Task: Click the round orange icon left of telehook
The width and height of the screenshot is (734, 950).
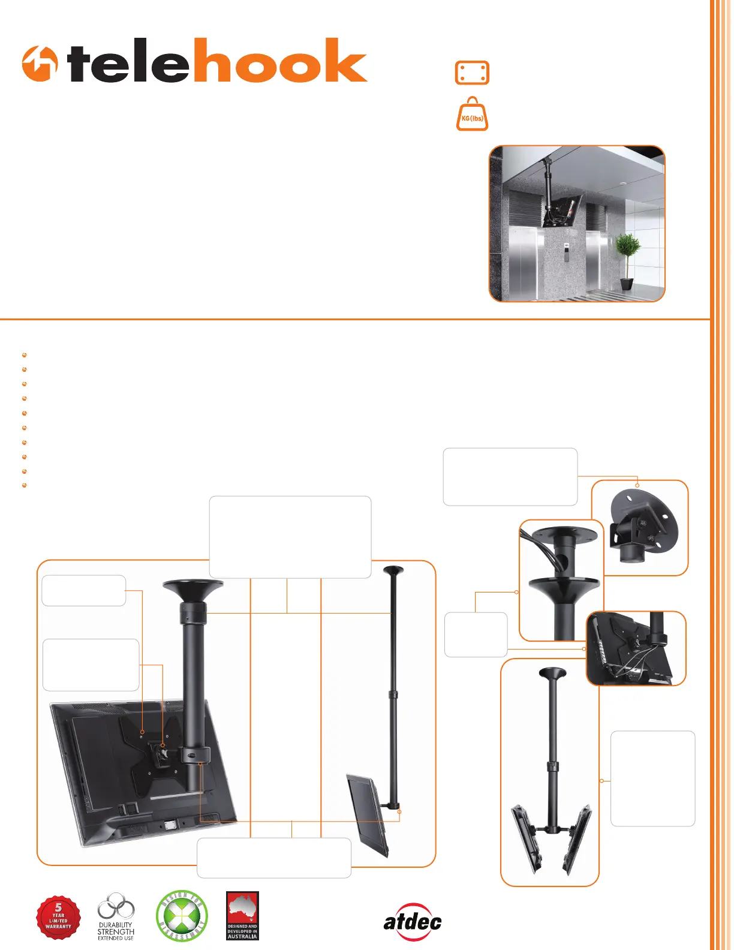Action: [x=40, y=64]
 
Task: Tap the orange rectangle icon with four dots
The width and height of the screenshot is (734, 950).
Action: [x=472, y=73]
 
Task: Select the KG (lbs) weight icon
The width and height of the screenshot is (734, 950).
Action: [x=473, y=115]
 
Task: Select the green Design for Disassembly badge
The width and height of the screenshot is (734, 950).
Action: [x=181, y=916]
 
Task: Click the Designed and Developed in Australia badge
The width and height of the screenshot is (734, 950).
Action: [x=242, y=916]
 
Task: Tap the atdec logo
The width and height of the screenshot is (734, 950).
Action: [x=413, y=921]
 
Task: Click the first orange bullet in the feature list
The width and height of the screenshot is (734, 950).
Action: [x=25, y=355]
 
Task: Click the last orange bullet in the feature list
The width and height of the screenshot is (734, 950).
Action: [x=25, y=485]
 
